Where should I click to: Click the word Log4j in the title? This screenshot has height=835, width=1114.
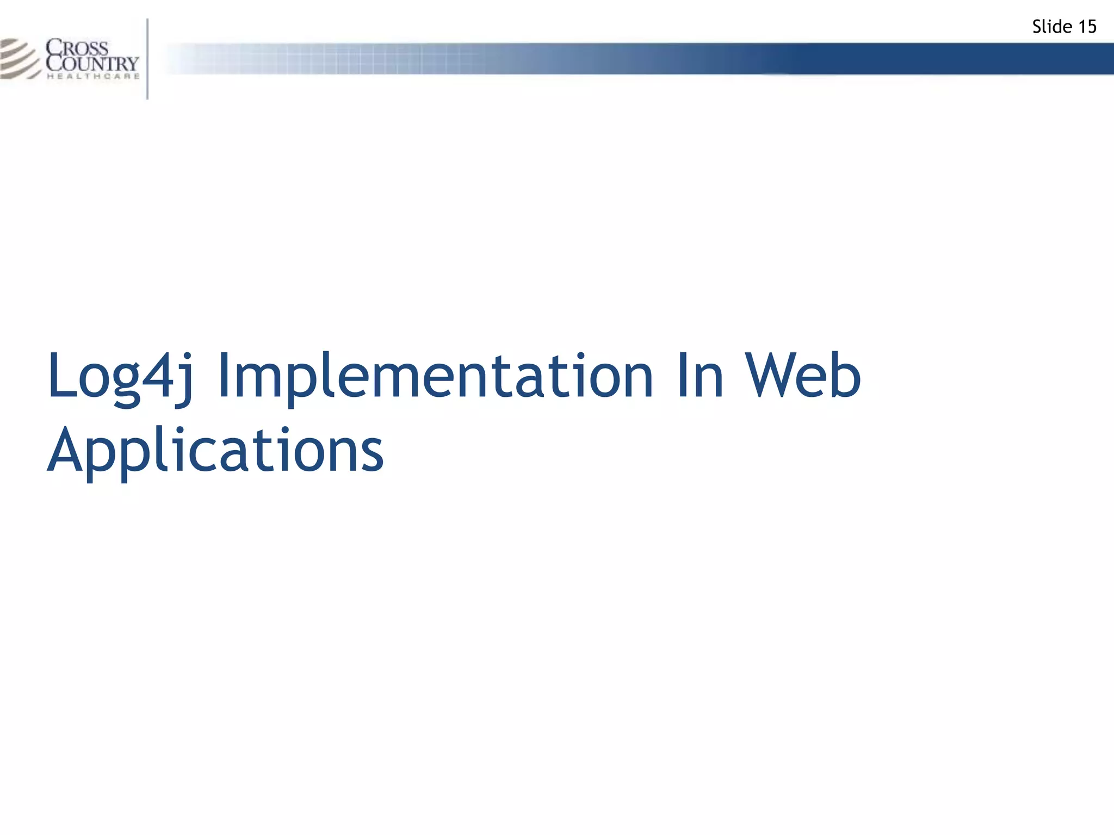tap(120, 376)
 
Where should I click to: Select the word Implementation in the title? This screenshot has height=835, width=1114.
tap(435, 376)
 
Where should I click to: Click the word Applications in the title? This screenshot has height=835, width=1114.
tap(215, 451)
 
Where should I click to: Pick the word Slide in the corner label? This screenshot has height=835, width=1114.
tap(1052, 27)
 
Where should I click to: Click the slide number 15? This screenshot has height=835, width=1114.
tap(1087, 27)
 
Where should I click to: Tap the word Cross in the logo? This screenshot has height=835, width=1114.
tap(78, 47)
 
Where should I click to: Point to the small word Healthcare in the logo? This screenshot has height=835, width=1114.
tap(93, 77)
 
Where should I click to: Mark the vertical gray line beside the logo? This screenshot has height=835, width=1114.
tap(147, 59)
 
